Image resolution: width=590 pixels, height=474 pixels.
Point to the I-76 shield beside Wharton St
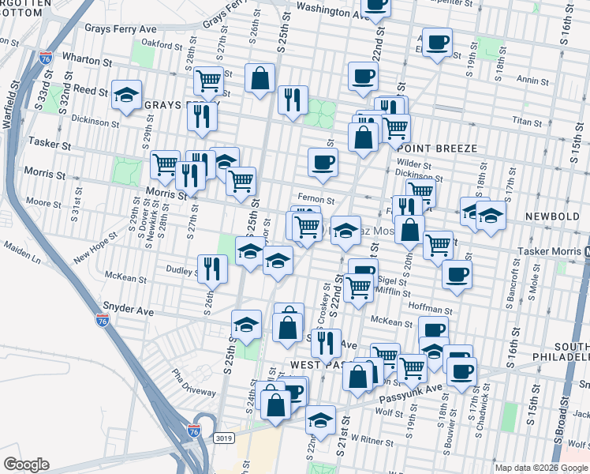coord(45,57)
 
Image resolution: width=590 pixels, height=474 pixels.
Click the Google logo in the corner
coord(26,464)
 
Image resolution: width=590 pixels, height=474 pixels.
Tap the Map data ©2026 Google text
coord(541,468)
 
